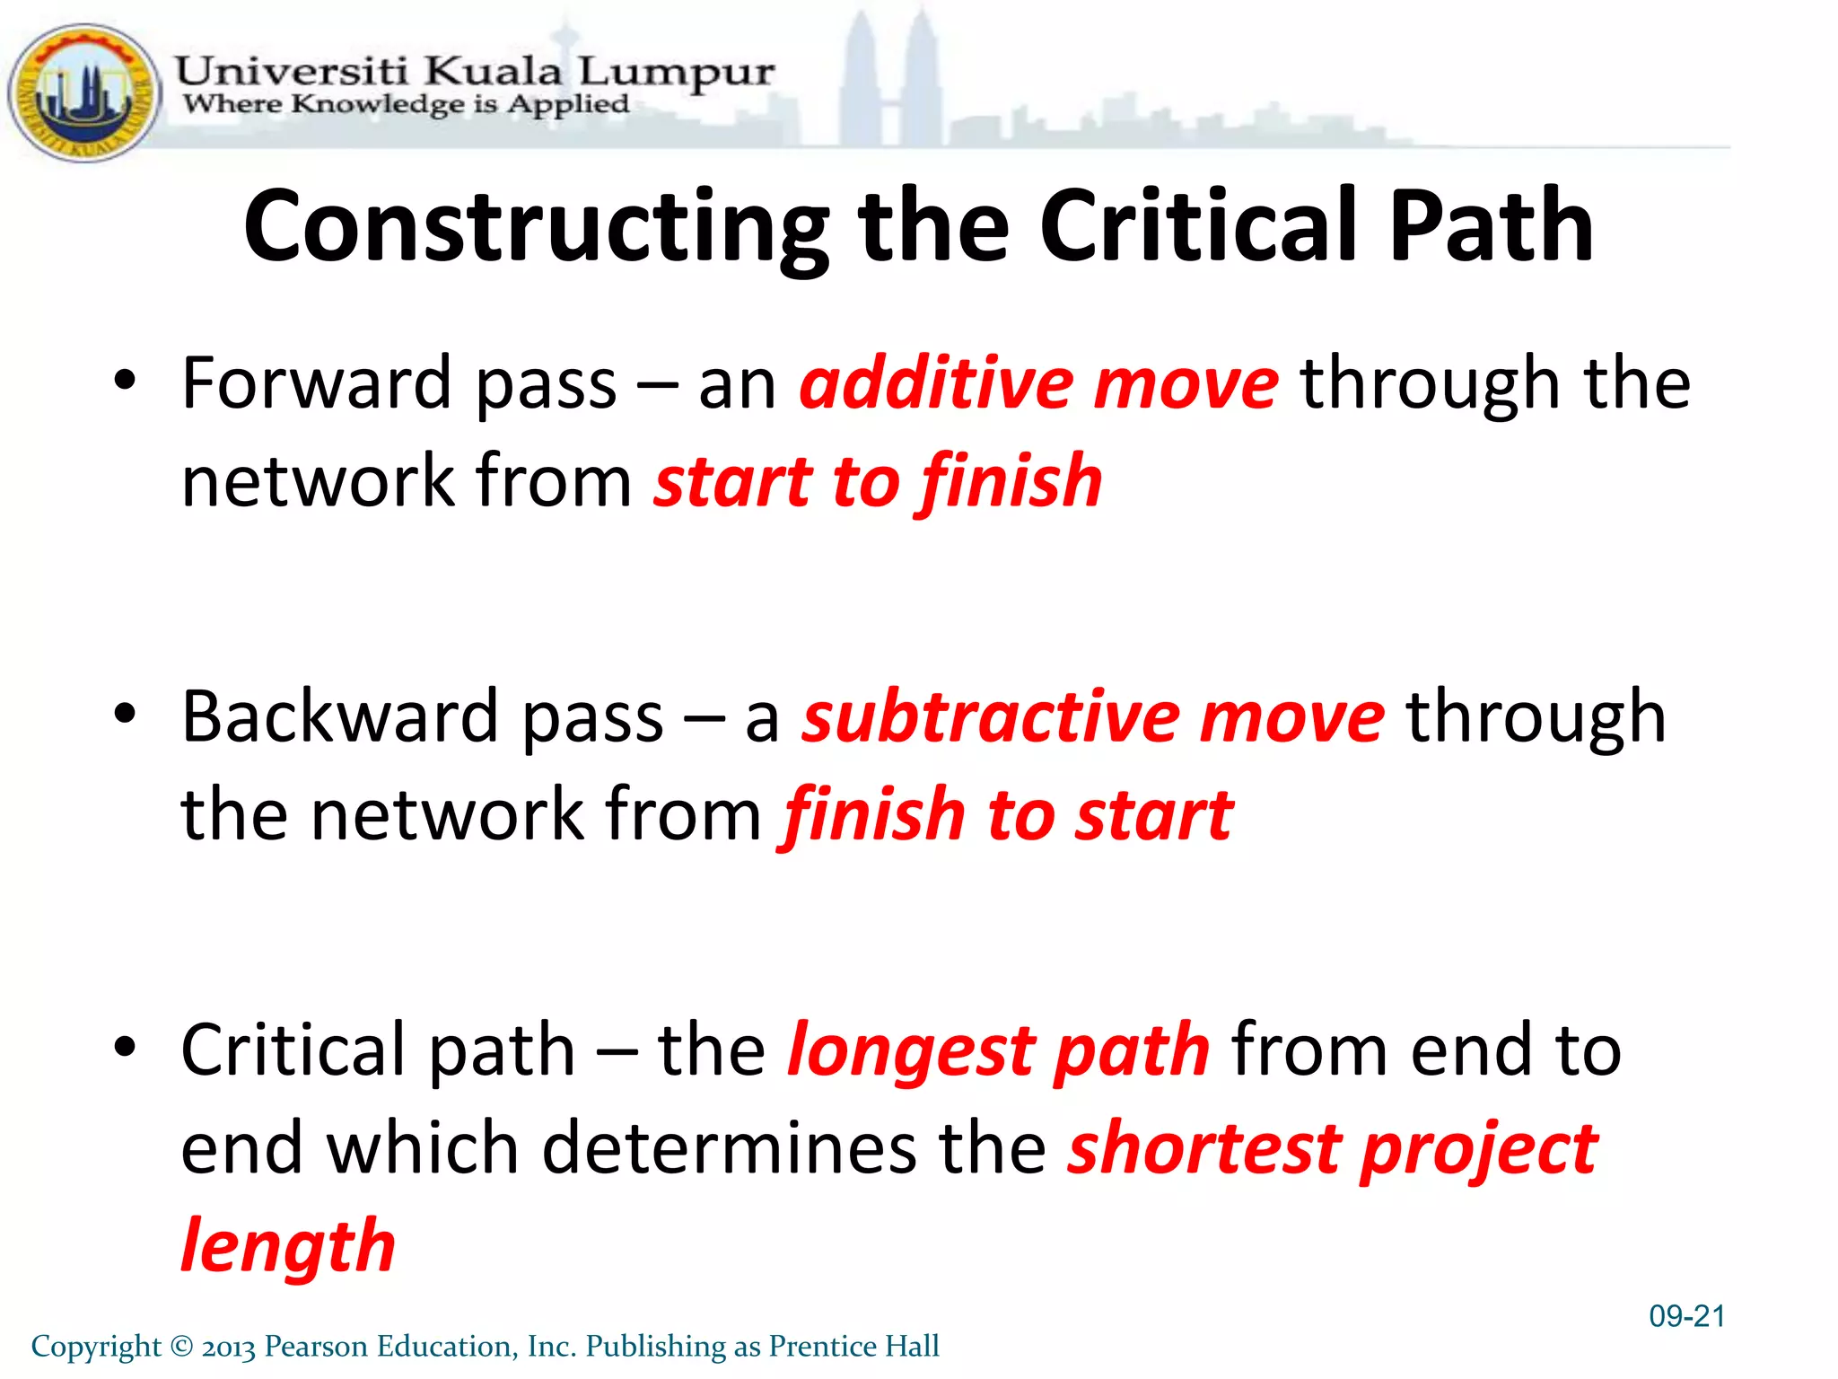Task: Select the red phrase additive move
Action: point(1038,384)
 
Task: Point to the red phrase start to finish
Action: point(878,482)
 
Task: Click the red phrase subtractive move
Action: point(1092,717)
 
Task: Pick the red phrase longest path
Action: point(998,1050)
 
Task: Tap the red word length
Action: point(288,1247)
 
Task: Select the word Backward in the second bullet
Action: point(340,717)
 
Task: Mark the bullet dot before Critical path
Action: point(125,1046)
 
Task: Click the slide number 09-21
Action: point(1686,1316)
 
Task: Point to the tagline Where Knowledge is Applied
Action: point(406,104)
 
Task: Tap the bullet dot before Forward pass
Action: point(125,381)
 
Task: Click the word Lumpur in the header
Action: point(676,71)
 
